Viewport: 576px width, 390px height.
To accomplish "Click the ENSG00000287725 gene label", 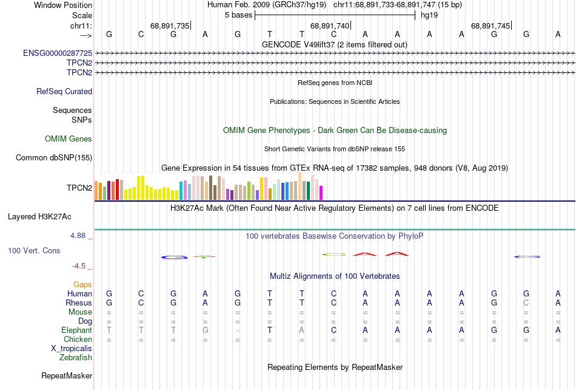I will (58, 53).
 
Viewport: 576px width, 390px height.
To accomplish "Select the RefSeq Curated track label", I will (64, 92).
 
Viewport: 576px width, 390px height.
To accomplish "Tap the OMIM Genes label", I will (69, 139).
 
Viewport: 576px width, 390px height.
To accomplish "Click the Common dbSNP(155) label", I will (54, 158).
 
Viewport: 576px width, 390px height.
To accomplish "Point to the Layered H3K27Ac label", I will (39, 216).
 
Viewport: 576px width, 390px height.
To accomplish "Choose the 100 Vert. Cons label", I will (34, 250).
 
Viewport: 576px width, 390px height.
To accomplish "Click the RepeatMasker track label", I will (67, 376).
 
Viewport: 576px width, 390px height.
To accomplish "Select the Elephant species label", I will (76, 330).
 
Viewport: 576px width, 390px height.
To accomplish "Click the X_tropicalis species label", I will (72, 349).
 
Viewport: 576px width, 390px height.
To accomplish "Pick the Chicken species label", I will (78, 340).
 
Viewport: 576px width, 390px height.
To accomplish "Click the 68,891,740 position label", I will (330, 26).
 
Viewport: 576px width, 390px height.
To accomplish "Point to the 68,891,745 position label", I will (491, 26).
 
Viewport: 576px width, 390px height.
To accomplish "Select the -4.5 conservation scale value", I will (81, 266).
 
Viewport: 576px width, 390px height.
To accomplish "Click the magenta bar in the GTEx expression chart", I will (321, 193).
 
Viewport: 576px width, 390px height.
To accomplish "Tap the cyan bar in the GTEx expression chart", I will (181, 190).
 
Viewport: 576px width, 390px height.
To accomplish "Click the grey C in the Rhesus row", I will (526, 303).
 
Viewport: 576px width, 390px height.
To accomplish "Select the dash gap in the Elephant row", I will (238, 330).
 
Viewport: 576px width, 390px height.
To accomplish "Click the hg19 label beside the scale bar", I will (429, 15).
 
